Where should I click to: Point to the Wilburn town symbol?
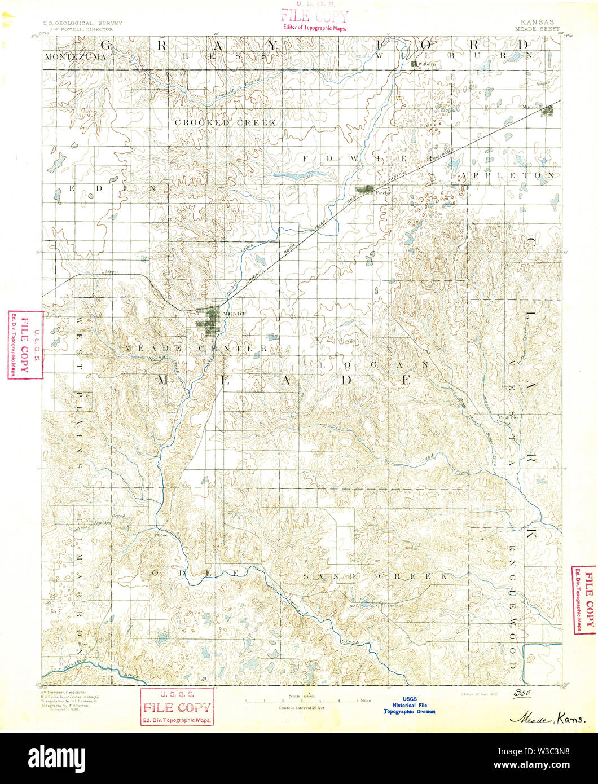(415, 64)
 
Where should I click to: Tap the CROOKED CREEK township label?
(225, 122)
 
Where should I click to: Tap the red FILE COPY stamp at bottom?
(177, 707)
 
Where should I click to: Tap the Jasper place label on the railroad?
(111, 271)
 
